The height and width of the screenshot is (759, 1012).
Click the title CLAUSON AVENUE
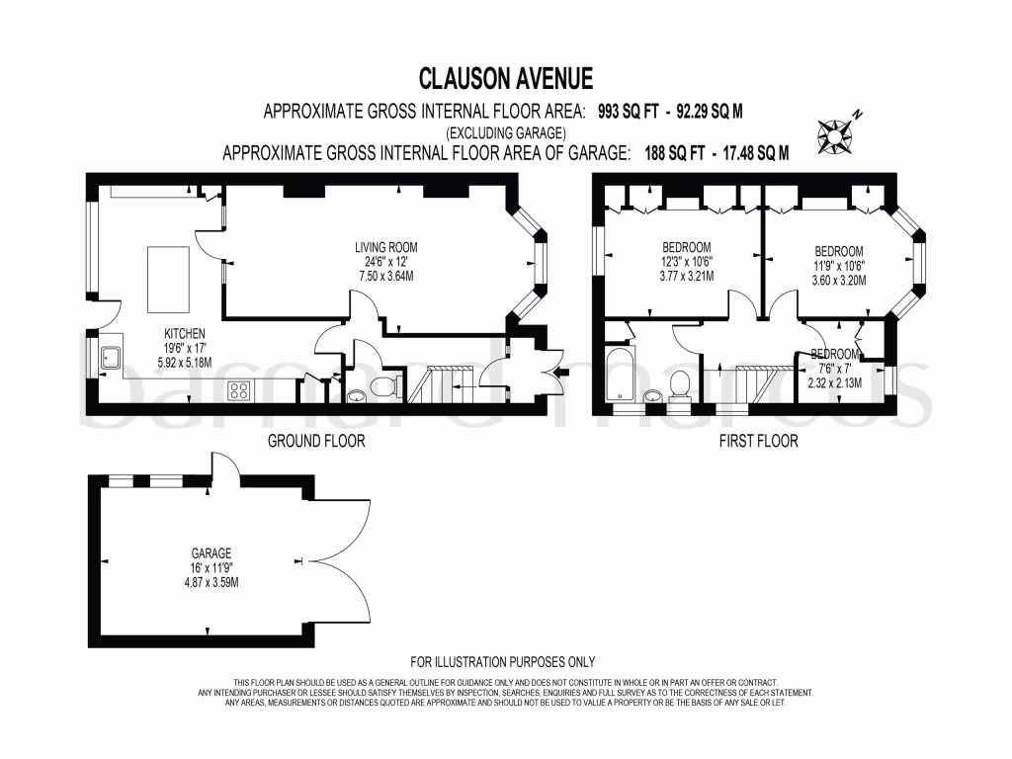505,77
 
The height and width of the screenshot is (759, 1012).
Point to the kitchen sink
109,363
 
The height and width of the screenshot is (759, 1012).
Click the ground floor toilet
388,383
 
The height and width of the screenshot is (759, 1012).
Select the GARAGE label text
212,553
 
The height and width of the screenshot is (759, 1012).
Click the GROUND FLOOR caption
316,441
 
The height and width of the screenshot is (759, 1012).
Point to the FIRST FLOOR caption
758,441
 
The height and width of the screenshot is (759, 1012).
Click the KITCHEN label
184,334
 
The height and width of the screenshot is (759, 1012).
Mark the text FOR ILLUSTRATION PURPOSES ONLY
503,662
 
